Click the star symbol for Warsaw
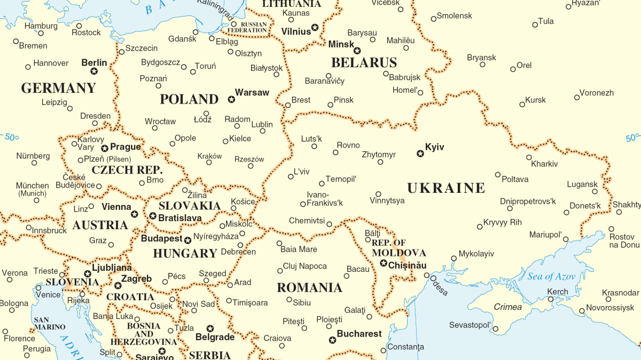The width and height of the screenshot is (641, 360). [231, 99]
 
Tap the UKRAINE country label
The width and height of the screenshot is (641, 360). [446, 188]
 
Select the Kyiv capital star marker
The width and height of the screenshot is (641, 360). [420, 154]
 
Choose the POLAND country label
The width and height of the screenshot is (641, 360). [189, 99]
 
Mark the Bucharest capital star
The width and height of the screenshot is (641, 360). [332, 340]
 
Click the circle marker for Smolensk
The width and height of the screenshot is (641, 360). [433, 19]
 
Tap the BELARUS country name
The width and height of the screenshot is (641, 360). [364, 62]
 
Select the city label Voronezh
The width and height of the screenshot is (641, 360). [597, 92]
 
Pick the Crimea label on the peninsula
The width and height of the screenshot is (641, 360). [507, 307]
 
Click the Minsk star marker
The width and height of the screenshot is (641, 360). [357, 51]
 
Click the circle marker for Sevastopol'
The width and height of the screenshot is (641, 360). [496, 329]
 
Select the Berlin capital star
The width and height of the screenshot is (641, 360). [94, 71]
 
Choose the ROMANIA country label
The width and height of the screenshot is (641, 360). [309, 288]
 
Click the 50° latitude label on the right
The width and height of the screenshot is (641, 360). [632, 138]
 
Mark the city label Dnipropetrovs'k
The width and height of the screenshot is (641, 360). [528, 201]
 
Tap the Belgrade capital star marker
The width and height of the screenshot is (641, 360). [210, 328]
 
